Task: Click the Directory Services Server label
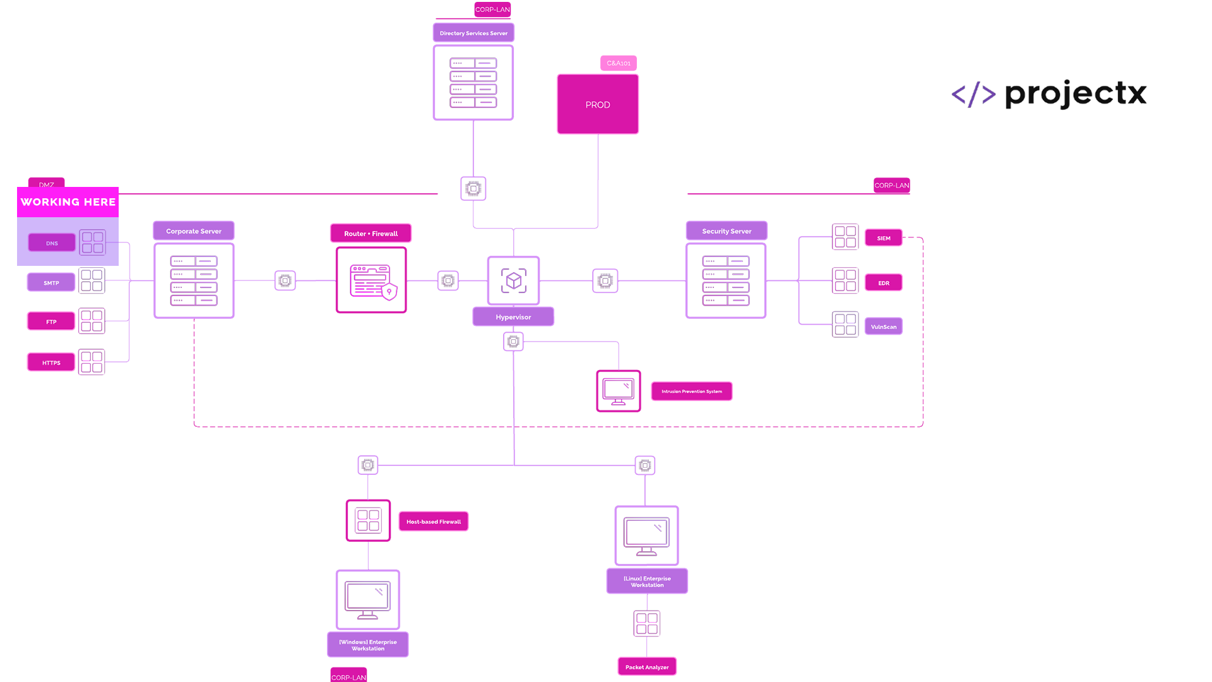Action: click(473, 33)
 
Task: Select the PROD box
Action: click(598, 104)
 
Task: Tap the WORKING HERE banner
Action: click(68, 202)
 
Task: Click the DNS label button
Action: click(52, 243)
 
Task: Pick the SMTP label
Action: click(51, 283)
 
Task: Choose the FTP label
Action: click(51, 322)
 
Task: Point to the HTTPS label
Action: click(51, 363)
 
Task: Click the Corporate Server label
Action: click(194, 231)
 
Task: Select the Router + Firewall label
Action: click(371, 234)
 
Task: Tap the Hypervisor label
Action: click(513, 317)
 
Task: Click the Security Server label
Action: click(727, 231)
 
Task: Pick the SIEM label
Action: click(884, 238)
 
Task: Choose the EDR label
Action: click(884, 283)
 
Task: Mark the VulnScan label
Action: click(884, 327)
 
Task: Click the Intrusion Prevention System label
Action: click(692, 392)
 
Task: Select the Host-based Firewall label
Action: click(434, 522)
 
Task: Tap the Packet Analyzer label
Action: click(647, 667)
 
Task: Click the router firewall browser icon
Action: click(372, 280)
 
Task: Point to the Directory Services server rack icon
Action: click(473, 83)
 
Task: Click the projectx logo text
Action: click(1076, 95)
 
